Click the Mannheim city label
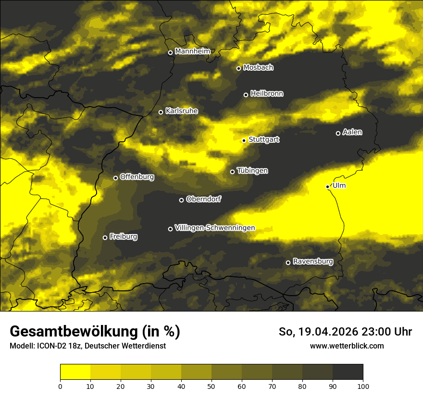(192, 51)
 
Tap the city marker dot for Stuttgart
(244, 140)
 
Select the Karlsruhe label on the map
(181, 111)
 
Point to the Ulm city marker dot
(328, 187)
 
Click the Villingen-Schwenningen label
(215, 228)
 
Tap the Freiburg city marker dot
(105, 237)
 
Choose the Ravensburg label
(312, 262)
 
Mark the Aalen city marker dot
(338, 133)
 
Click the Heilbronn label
(267, 94)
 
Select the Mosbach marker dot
(238, 68)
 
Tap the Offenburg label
(137, 177)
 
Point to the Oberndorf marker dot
(181, 200)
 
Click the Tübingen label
(252, 171)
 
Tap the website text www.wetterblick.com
(347, 346)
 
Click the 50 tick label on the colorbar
(211, 386)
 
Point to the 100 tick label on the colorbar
(363, 386)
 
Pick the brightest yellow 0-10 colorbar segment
(75, 372)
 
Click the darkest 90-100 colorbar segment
(348, 372)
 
